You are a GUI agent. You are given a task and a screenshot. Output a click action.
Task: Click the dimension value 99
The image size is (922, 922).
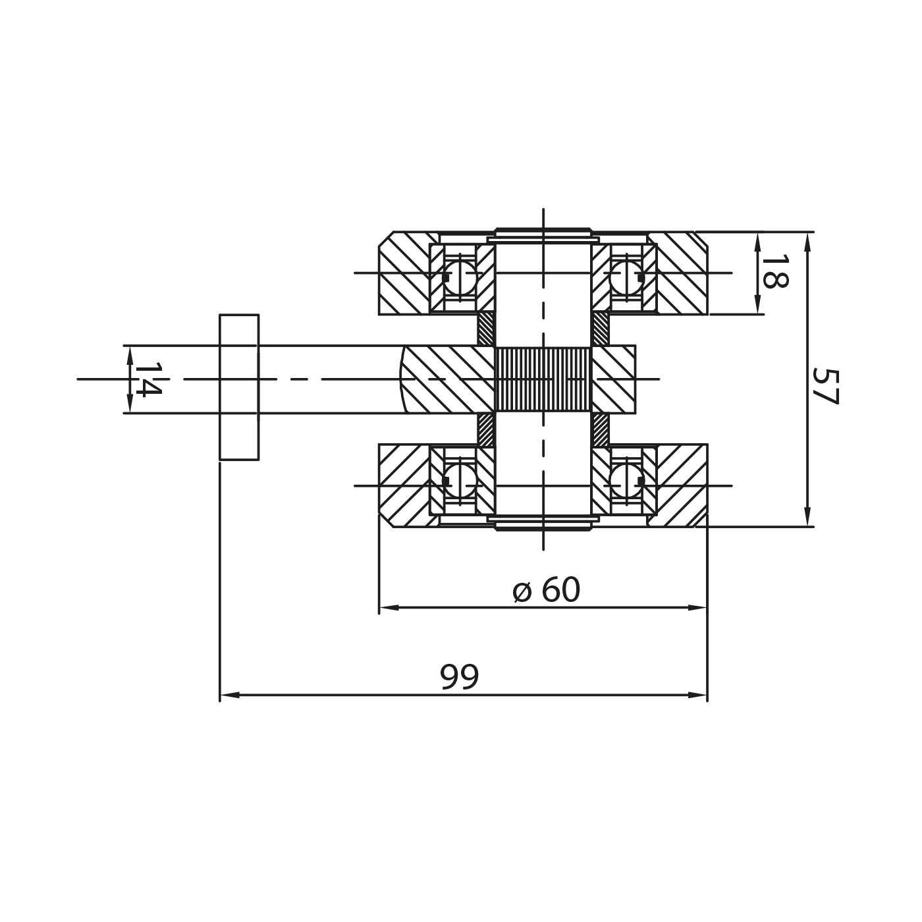(459, 676)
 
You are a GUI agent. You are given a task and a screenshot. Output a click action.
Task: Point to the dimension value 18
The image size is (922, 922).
(774, 272)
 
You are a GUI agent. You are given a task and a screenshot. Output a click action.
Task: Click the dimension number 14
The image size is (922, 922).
(148, 379)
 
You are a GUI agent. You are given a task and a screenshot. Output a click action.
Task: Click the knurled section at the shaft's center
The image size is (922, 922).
(543, 379)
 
